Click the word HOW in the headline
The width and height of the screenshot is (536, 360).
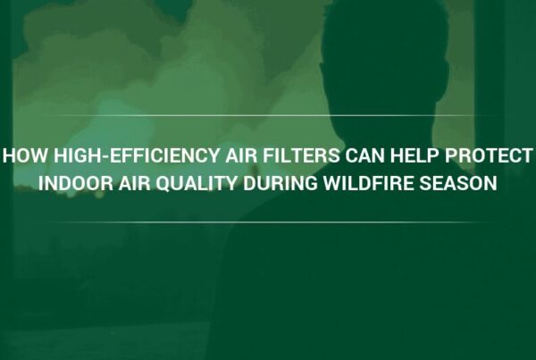26,155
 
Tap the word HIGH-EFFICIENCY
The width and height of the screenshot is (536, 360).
137,155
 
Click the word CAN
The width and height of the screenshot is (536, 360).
365,155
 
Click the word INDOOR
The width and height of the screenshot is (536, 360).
76,183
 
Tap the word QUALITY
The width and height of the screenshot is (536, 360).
197,184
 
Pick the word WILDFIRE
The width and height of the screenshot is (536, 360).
369,183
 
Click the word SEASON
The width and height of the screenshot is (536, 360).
458,183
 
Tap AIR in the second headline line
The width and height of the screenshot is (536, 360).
135,183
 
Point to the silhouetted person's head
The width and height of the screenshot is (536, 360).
384,58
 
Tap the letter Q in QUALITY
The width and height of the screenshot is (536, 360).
163,184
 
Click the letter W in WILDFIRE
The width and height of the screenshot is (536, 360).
333,183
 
